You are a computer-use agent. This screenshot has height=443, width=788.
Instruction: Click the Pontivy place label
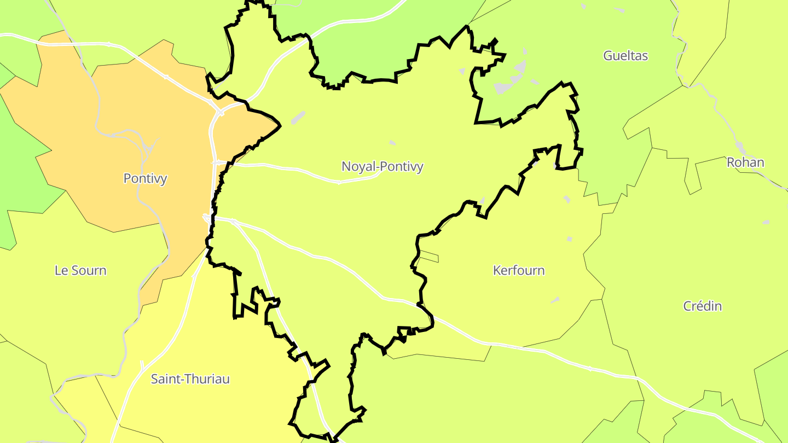click(x=145, y=179)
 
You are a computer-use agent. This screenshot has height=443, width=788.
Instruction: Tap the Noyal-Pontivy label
click(x=382, y=166)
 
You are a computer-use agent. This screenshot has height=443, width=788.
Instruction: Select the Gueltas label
click(x=625, y=55)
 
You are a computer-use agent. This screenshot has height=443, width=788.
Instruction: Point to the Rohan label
click(x=745, y=162)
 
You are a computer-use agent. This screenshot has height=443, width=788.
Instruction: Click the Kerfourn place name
click(x=519, y=271)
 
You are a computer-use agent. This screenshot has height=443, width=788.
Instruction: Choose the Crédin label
click(x=702, y=306)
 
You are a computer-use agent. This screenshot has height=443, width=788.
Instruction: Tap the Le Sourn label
click(x=80, y=271)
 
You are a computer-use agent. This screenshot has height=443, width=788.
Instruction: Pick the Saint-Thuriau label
click(x=190, y=379)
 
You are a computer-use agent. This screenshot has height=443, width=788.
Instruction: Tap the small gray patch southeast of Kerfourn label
click(x=555, y=300)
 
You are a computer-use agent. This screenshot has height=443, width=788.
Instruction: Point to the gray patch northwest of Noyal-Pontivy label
click(x=298, y=118)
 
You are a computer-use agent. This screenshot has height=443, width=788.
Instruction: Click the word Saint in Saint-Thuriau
click(x=167, y=379)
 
